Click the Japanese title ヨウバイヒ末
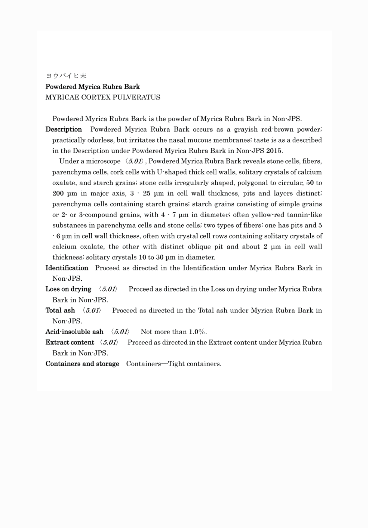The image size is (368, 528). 66,76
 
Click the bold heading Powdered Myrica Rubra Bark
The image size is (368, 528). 93,87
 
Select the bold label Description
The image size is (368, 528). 64,129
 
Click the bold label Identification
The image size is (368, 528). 67,268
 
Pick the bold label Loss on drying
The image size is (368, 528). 68,289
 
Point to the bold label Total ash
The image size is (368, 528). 60,310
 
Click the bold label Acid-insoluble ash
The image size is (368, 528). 74,332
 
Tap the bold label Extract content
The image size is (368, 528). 70,342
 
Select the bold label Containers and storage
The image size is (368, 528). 82,364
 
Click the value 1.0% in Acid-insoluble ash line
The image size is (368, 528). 198,332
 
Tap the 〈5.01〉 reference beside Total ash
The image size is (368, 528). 92,310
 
